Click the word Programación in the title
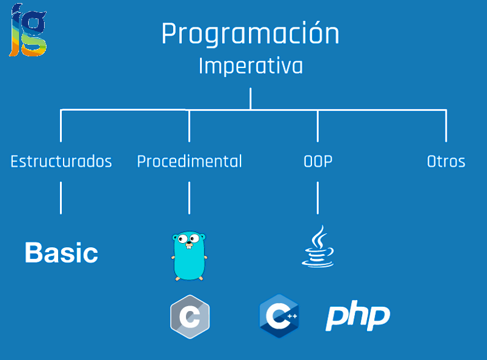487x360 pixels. [x=250, y=35]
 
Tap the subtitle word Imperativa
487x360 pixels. [x=250, y=66]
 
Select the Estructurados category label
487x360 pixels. [x=61, y=162]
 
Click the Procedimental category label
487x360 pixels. [x=189, y=162]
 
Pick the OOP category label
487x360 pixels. [x=318, y=162]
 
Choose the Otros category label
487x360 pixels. [x=446, y=162]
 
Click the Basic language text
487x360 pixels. [x=61, y=253]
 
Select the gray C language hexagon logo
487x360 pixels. [x=190, y=317]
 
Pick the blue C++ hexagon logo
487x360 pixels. [x=279, y=316]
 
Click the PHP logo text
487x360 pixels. [x=357, y=317]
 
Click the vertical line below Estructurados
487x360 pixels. [x=61, y=197]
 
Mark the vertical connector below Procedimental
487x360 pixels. [x=189, y=197]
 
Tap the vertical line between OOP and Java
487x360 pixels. [x=318, y=197]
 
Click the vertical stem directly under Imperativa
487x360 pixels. [x=250, y=98]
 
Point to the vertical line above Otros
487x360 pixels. [x=446, y=126]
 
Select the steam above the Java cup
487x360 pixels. [x=318, y=236]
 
